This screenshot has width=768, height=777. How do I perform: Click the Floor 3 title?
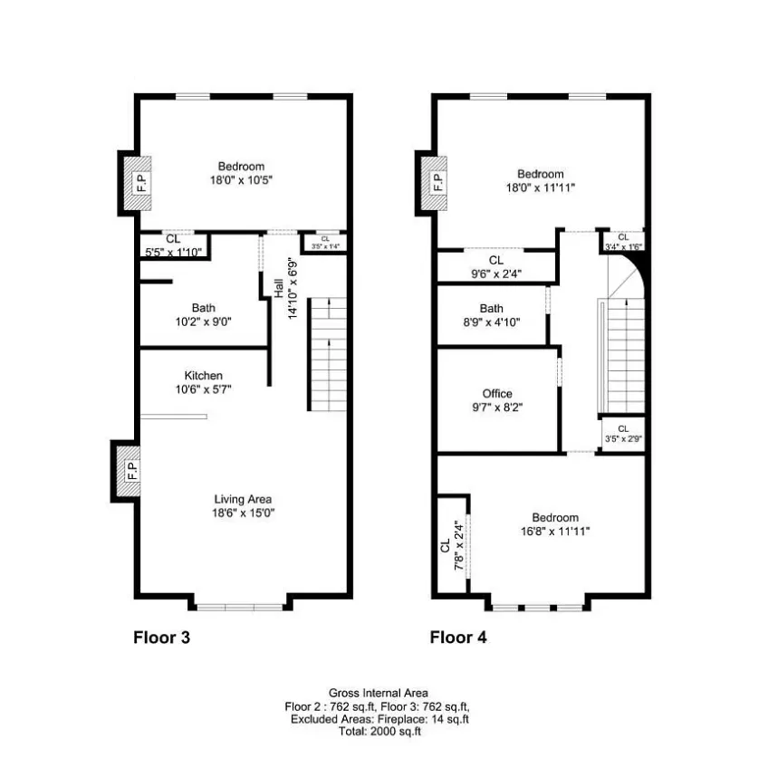(x=162, y=637)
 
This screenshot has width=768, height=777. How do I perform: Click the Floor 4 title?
(x=457, y=637)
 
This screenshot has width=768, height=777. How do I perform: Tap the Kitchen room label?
(x=203, y=376)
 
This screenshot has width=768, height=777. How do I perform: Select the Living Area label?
(x=243, y=499)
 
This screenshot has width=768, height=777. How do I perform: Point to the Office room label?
(x=496, y=394)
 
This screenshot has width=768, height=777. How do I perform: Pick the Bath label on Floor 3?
(x=203, y=308)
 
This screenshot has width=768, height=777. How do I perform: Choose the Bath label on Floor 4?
(x=492, y=309)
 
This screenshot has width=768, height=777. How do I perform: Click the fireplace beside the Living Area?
(x=130, y=470)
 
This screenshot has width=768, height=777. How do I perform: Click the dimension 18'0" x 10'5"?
(x=241, y=180)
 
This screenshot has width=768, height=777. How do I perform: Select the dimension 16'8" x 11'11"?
(x=555, y=532)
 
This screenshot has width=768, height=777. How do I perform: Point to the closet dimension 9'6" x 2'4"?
(x=495, y=273)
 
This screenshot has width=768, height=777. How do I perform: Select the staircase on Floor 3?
(x=328, y=353)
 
